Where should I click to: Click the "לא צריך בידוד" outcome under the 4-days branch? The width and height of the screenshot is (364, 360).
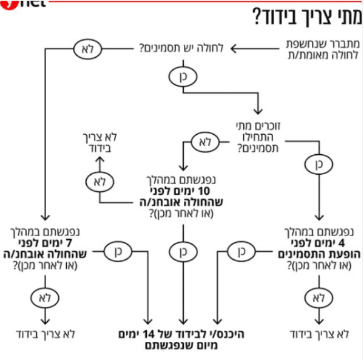click(318, 334)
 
